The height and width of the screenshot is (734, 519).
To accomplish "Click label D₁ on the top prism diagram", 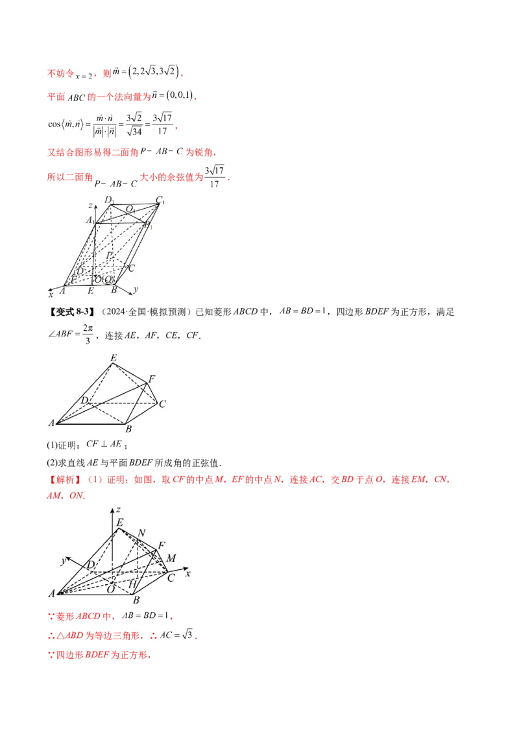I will [x=108, y=199].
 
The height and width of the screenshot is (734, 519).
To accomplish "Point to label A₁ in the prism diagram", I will [x=88, y=220].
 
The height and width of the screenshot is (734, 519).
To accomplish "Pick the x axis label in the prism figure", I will [x=50, y=294].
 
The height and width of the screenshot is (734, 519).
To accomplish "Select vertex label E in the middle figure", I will [x=114, y=359].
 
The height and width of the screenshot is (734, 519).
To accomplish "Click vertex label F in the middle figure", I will [x=152, y=379].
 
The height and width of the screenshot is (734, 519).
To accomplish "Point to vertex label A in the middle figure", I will [x=51, y=423].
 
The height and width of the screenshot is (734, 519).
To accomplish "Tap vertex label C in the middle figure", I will [x=162, y=404].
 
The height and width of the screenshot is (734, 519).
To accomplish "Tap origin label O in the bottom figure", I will [x=111, y=588].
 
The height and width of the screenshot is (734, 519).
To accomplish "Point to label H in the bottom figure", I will [x=132, y=584].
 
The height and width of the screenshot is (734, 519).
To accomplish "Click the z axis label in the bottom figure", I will [x=117, y=510].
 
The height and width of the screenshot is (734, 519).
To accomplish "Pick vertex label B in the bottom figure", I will [x=136, y=600].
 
